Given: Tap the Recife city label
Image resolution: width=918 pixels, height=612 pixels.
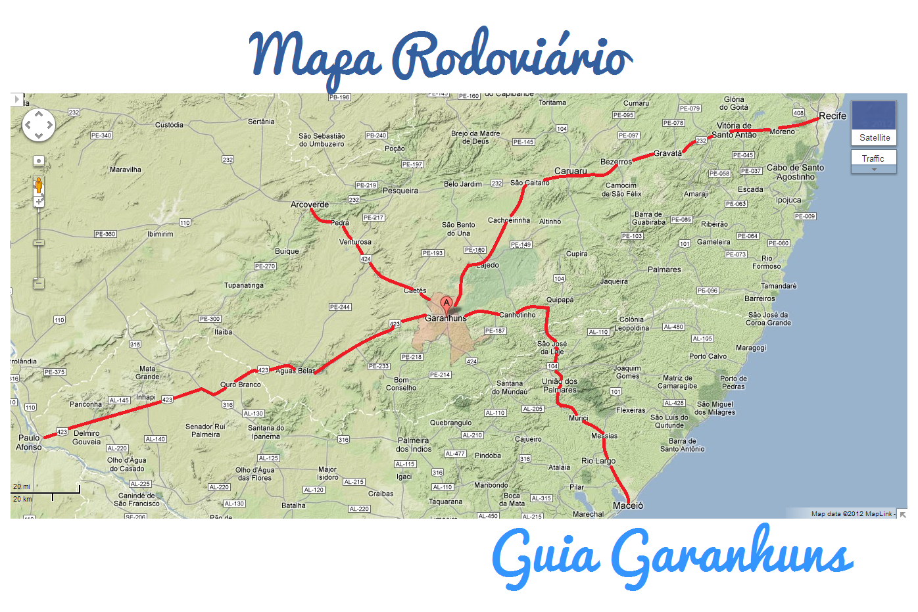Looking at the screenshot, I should (x=832, y=116).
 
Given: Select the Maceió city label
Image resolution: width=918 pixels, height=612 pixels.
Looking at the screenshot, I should (x=628, y=506).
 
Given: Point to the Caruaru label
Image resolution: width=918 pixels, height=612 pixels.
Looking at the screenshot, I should (x=570, y=171).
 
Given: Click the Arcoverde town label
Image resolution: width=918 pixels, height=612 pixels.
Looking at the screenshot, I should (x=310, y=204).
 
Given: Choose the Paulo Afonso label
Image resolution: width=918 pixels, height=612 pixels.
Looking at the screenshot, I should (x=29, y=442).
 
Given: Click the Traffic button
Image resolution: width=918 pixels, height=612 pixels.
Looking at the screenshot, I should (x=873, y=158).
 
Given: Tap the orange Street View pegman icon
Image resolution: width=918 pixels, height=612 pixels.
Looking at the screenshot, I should (x=39, y=185).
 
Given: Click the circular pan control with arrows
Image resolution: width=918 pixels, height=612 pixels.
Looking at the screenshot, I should (x=39, y=124).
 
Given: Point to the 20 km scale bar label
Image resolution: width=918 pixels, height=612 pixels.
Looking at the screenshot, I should (x=22, y=499).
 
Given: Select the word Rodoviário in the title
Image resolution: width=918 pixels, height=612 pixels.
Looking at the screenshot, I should (x=512, y=57).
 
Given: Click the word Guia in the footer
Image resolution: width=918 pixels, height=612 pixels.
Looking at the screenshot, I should (x=545, y=556).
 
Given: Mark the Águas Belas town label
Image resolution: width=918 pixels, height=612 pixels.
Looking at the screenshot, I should (x=295, y=371).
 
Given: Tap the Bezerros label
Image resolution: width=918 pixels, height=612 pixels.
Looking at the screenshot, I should (x=616, y=162).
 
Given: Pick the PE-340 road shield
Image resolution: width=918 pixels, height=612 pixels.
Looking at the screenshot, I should (x=101, y=135).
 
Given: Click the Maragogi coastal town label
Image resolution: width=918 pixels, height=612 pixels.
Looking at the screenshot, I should (x=751, y=348).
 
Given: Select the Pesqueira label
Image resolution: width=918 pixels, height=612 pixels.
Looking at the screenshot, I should (x=400, y=191).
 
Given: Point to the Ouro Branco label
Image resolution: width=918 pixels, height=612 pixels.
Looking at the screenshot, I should (x=240, y=385).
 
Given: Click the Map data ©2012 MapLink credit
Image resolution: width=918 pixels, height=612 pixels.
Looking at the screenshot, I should (x=852, y=514).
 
